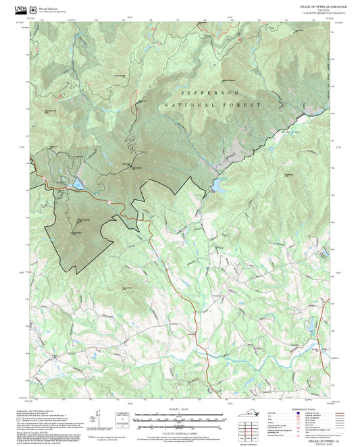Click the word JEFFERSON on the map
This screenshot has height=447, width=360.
[210, 93]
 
